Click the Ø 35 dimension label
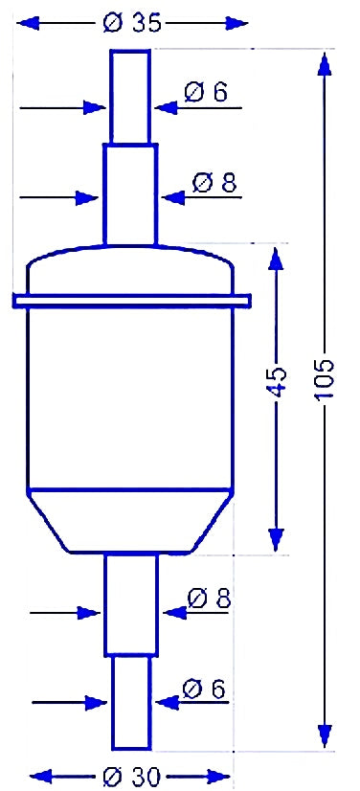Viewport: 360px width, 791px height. pos(131,23)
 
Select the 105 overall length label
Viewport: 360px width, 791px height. pos(326,380)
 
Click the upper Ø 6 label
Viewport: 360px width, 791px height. pos(206,92)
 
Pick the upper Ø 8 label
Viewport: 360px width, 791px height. pos(214,183)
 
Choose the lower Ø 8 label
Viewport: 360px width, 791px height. pos(208,599)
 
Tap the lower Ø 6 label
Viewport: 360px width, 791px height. pos(203,689)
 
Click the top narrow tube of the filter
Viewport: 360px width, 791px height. pos(130,97)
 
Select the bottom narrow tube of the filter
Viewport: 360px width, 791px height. pos(131,703)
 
